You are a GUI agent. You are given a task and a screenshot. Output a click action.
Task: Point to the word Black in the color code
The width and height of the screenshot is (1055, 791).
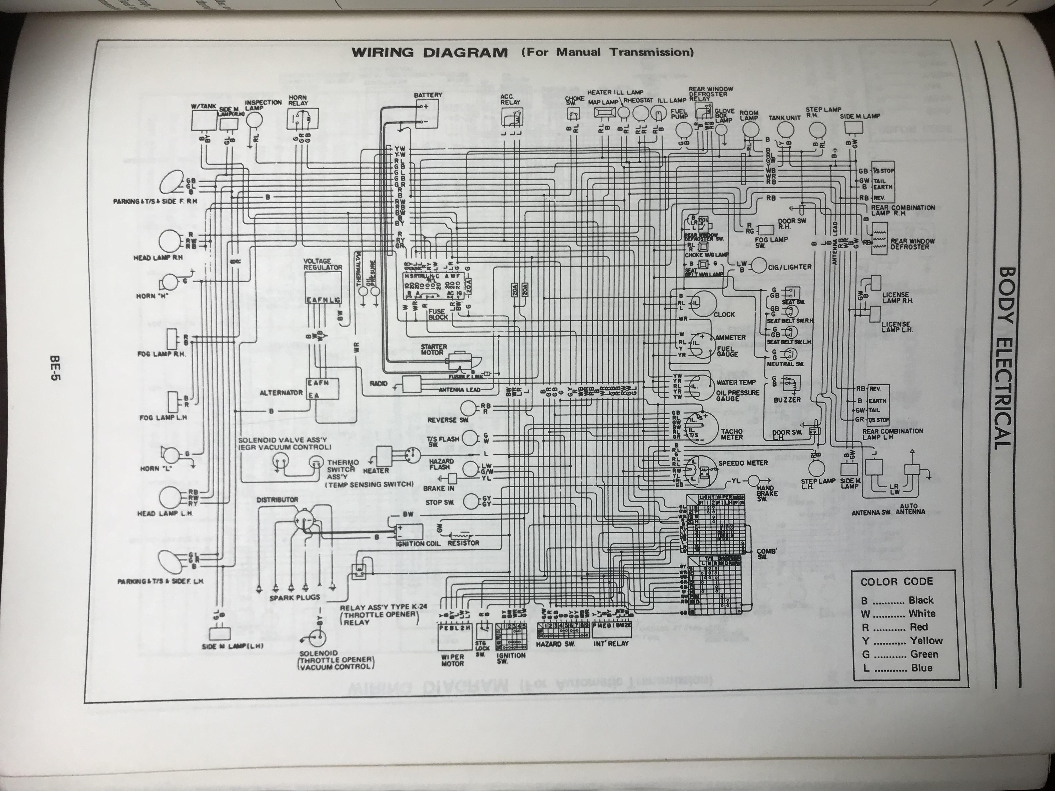[921, 600]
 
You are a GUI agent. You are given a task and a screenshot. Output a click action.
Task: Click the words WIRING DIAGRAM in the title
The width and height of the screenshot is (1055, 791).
[429, 53]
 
